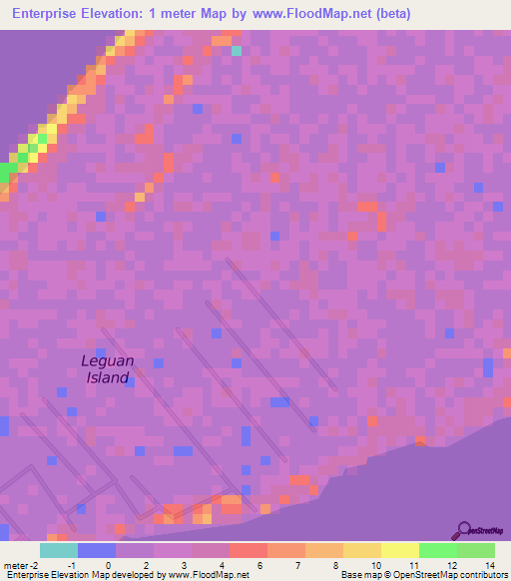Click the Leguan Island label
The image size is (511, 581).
point(106,368)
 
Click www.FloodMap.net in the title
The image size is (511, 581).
point(308,14)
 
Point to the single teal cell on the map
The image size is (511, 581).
point(237,50)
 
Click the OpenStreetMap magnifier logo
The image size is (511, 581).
point(463,531)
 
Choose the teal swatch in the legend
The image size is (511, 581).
point(58,550)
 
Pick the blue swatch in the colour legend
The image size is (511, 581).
point(96,550)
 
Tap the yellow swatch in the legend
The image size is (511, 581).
point(399,550)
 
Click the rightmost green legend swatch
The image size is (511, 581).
point(475,550)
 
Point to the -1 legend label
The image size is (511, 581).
point(71,565)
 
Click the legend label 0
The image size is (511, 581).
point(108,565)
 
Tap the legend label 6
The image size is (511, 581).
point(259,565)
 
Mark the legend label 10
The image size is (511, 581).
point(374,565)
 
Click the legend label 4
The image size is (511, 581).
point(222,565)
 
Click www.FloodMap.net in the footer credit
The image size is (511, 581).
point(209,575)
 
